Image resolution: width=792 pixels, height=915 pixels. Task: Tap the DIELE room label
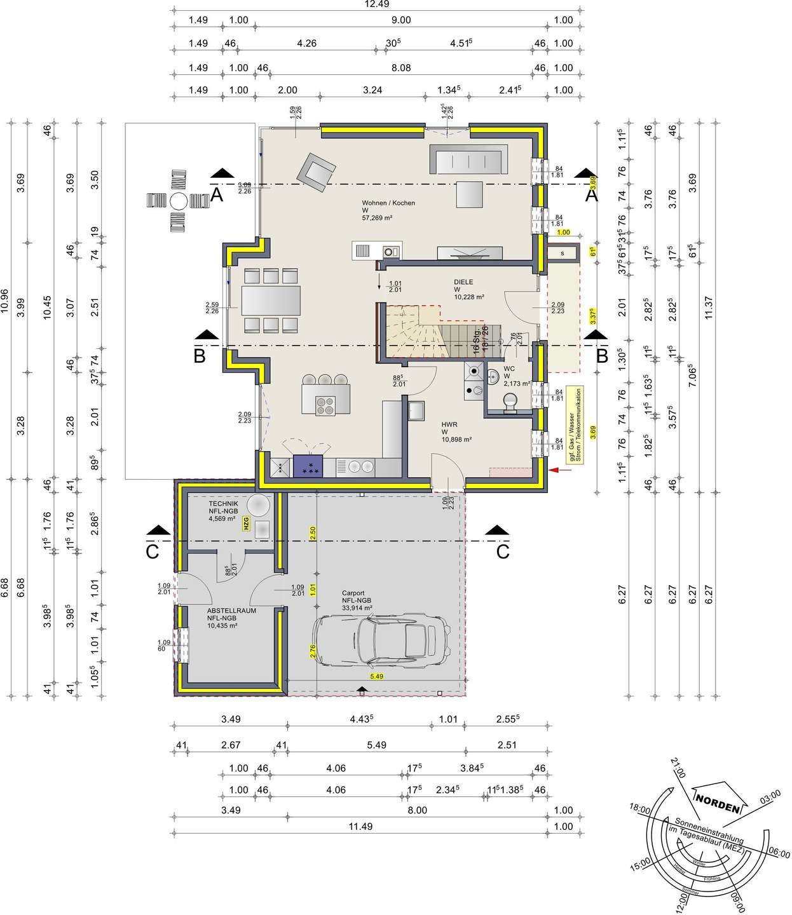[463, 282]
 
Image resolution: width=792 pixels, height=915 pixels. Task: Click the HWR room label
[450, 424]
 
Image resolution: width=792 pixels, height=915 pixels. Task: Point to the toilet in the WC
[510, 402]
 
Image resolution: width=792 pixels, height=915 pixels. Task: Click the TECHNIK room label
[223, 503]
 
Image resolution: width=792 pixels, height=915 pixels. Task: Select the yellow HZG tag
[245, 524]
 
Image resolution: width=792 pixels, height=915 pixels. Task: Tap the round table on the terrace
[178, 201]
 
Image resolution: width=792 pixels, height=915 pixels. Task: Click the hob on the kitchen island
[326, 405]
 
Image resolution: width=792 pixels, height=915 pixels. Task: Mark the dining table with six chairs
[271, 301]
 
